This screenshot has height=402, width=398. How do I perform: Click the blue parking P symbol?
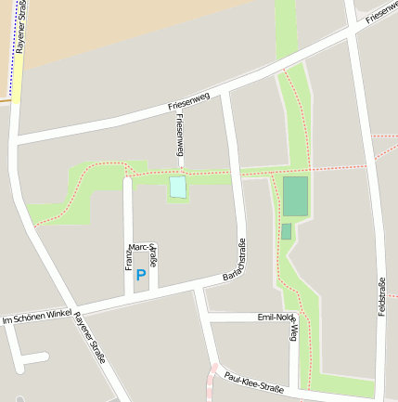[x=141, y=274]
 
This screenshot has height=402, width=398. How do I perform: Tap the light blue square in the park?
[x=177, y=187]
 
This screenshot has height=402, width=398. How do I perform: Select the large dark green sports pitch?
[x=295, y=197]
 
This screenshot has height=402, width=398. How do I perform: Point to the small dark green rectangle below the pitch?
[x=286, y=231]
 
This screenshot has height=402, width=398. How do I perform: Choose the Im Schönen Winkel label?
[x=37, y=318]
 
